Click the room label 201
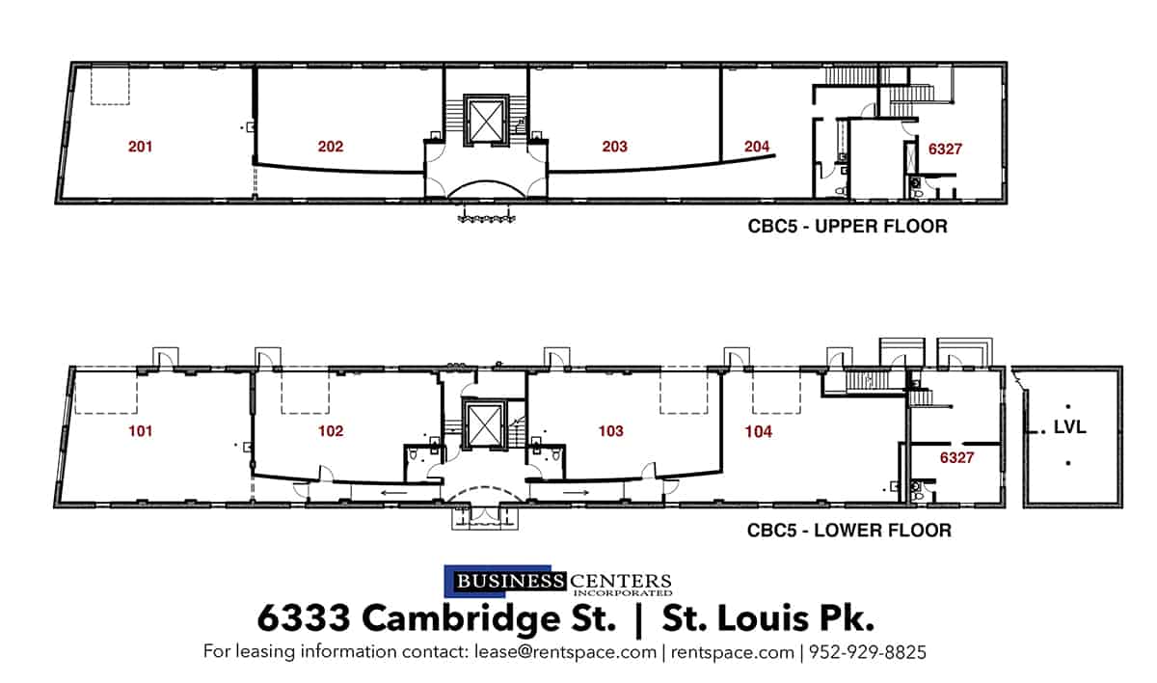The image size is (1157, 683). (141, 148)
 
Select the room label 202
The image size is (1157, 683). (331, 148)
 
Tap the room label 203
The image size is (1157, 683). (614, 148)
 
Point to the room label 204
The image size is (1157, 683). (758, 148)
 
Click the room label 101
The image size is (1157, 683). (140, 432)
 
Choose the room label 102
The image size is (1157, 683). (331, 432)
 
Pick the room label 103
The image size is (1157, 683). (610, 432)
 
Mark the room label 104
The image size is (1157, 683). (759, 432)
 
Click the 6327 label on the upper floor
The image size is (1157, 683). (946, 150)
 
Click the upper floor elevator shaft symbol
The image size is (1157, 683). (486, 121)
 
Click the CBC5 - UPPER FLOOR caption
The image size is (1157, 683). (848, 228)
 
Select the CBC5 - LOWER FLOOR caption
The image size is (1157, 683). (849, 531)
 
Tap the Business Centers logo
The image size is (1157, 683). (557, 582)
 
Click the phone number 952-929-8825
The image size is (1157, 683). (868, 653)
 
